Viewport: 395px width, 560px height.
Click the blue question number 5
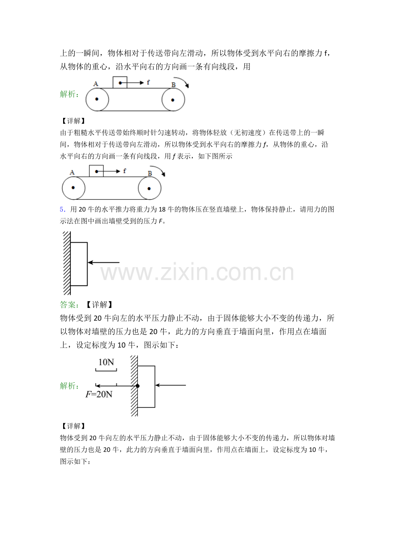coord(62,209)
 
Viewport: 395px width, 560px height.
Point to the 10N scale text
coord(106,362)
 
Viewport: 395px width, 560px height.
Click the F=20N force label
coord(99,394)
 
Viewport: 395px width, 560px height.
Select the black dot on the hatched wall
coord(137,386)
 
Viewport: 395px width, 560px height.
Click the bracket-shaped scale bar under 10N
coord(106,370)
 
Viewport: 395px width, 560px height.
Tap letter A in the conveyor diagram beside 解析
coord(96,84)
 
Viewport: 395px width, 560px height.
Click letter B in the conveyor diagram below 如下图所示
coord(150,173)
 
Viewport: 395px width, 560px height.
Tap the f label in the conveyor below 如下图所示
coord(125,170)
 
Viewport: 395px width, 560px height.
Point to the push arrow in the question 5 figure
coord(103,262)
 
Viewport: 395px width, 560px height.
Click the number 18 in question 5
coord(162,209)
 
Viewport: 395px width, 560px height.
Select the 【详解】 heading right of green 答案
coord(99,305)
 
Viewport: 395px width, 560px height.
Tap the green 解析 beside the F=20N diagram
coord(70,386)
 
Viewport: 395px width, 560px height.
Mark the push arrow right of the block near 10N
coord(170,385)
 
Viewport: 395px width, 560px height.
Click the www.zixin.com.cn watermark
coord(197,272)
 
